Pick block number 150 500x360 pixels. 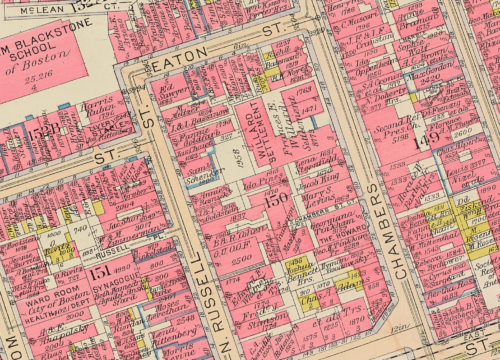point(271,200)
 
